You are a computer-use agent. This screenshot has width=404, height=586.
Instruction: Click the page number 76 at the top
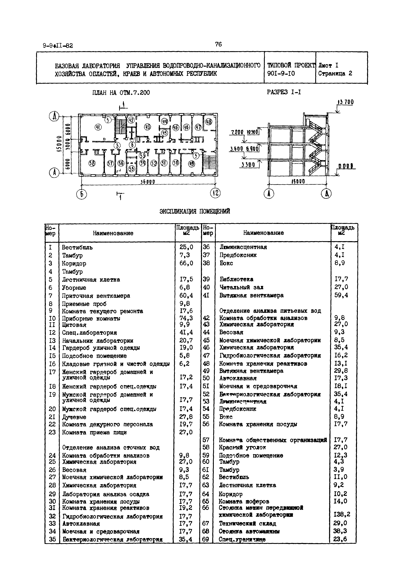click(x=218, y=44)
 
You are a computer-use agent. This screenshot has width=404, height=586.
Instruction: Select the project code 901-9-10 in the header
click(x=281, y=74)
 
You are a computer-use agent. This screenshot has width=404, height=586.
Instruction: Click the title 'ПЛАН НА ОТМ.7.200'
click(x=121, y=93)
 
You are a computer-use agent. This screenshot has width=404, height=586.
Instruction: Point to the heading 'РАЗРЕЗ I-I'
click(x=284, y=92)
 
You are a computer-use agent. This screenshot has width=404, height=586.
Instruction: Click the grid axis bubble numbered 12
click(x=215, y=193)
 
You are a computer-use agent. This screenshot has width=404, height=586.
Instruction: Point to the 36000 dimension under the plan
click(x=148, y=182)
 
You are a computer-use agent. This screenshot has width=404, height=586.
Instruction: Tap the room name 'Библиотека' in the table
click(x=236, y=279)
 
